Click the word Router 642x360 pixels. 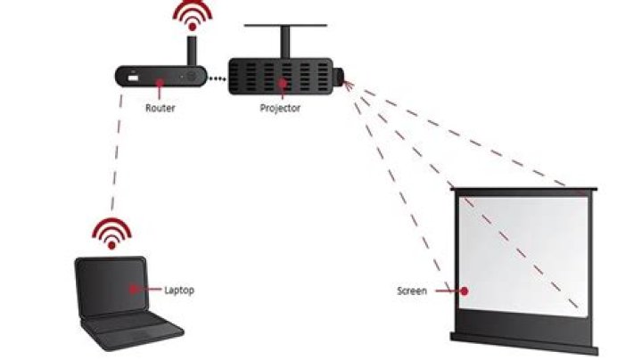point(159,108)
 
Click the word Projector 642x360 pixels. point(280,108)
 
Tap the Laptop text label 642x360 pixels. point(179,290)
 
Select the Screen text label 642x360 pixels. point(412,290)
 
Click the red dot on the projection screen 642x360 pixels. point(464,290)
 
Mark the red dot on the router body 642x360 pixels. point(160,85)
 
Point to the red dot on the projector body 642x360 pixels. point(282,86)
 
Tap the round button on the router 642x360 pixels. point(190,78)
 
